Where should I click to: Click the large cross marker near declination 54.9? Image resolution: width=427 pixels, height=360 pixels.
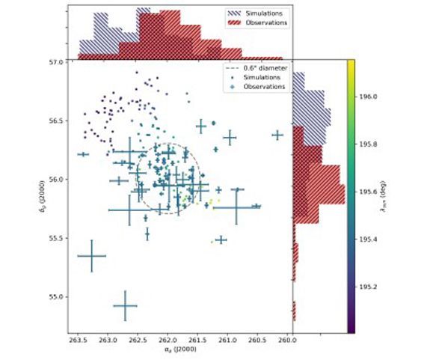[125, 305]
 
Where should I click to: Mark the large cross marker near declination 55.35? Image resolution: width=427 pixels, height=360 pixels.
[92, 256]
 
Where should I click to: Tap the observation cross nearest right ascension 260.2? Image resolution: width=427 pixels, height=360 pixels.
[278, 135]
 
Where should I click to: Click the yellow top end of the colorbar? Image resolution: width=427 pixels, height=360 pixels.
[351, 64]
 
